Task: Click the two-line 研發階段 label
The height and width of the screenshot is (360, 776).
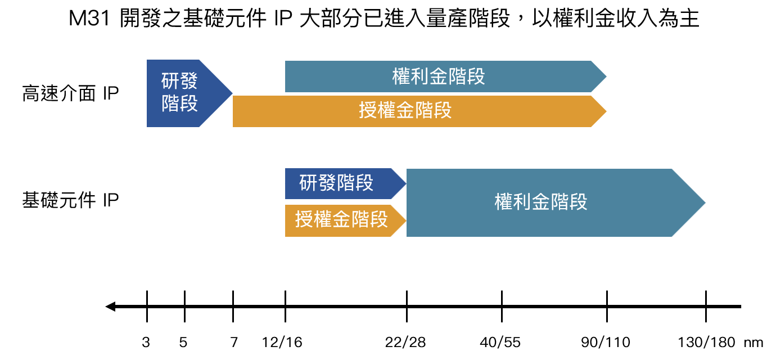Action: click(179, 93)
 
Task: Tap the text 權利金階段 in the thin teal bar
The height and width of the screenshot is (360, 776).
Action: click(439, 76)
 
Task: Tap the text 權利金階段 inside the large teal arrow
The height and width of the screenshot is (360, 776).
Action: click(540, 202)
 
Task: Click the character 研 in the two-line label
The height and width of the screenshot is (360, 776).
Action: click(170, 81)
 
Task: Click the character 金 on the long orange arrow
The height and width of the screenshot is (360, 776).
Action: click(405, 111)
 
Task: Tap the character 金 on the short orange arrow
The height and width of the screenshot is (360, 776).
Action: click(341, 220)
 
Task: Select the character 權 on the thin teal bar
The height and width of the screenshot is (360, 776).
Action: click(401, 76)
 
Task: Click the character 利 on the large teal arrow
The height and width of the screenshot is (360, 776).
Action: click(522, 202)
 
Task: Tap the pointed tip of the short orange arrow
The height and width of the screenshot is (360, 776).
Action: click(405, 220)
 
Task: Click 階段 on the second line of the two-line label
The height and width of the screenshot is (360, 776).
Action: click(179, 104)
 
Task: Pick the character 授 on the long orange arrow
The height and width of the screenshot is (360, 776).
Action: click(368, 111)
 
